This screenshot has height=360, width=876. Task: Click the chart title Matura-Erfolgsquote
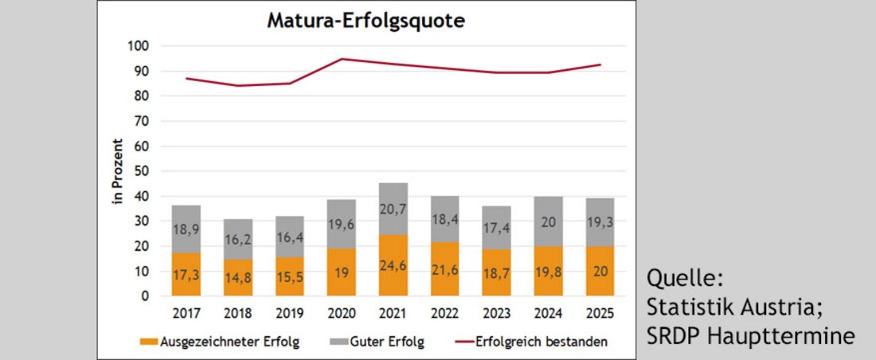366,21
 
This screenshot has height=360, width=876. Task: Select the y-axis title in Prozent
117,171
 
